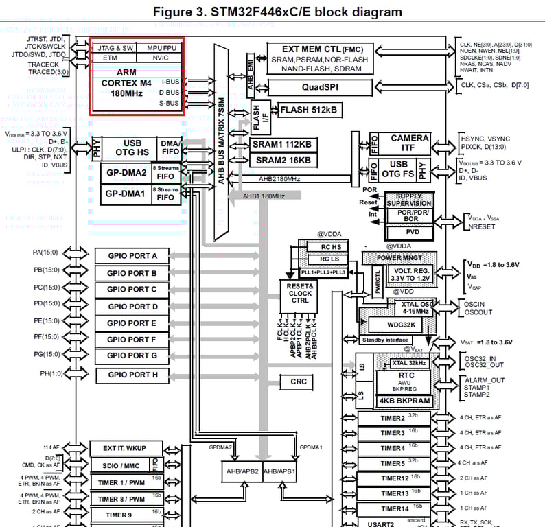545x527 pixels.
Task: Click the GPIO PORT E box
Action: pos(132,323)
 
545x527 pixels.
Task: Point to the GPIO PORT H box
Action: pos(132,375)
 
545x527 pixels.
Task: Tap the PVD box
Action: pos(408,233)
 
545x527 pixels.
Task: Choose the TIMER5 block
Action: pos(393,463)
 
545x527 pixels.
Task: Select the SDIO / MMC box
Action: pos(120,465)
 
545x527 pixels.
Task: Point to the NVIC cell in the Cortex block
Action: pos(160,58)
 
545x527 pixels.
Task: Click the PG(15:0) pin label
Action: pos(47,354)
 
